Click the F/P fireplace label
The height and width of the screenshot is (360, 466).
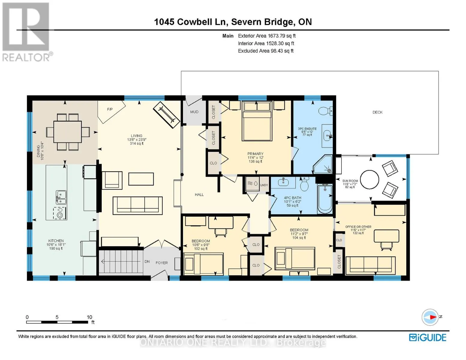(110, 109)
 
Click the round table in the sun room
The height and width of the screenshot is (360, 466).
(369, 179)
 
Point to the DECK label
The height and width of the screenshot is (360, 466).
(377, 112)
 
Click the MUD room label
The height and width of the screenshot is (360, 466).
(194, 112)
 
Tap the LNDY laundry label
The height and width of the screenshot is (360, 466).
(264, 185)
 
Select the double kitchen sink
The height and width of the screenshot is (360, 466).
(61, 197)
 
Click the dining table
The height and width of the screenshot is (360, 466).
(68, 132)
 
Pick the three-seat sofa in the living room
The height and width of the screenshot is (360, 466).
(138, 205)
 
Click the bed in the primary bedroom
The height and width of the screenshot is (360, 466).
(257, 121)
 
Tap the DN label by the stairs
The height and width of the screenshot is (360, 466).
(147, 262)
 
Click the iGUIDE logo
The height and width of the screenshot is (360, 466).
(427, 338)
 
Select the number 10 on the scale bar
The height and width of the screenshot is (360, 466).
(89, 317)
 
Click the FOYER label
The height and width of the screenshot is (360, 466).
(162, 263)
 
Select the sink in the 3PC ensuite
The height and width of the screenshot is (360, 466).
(327, 136)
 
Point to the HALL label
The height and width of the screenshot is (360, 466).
(199, 195)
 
